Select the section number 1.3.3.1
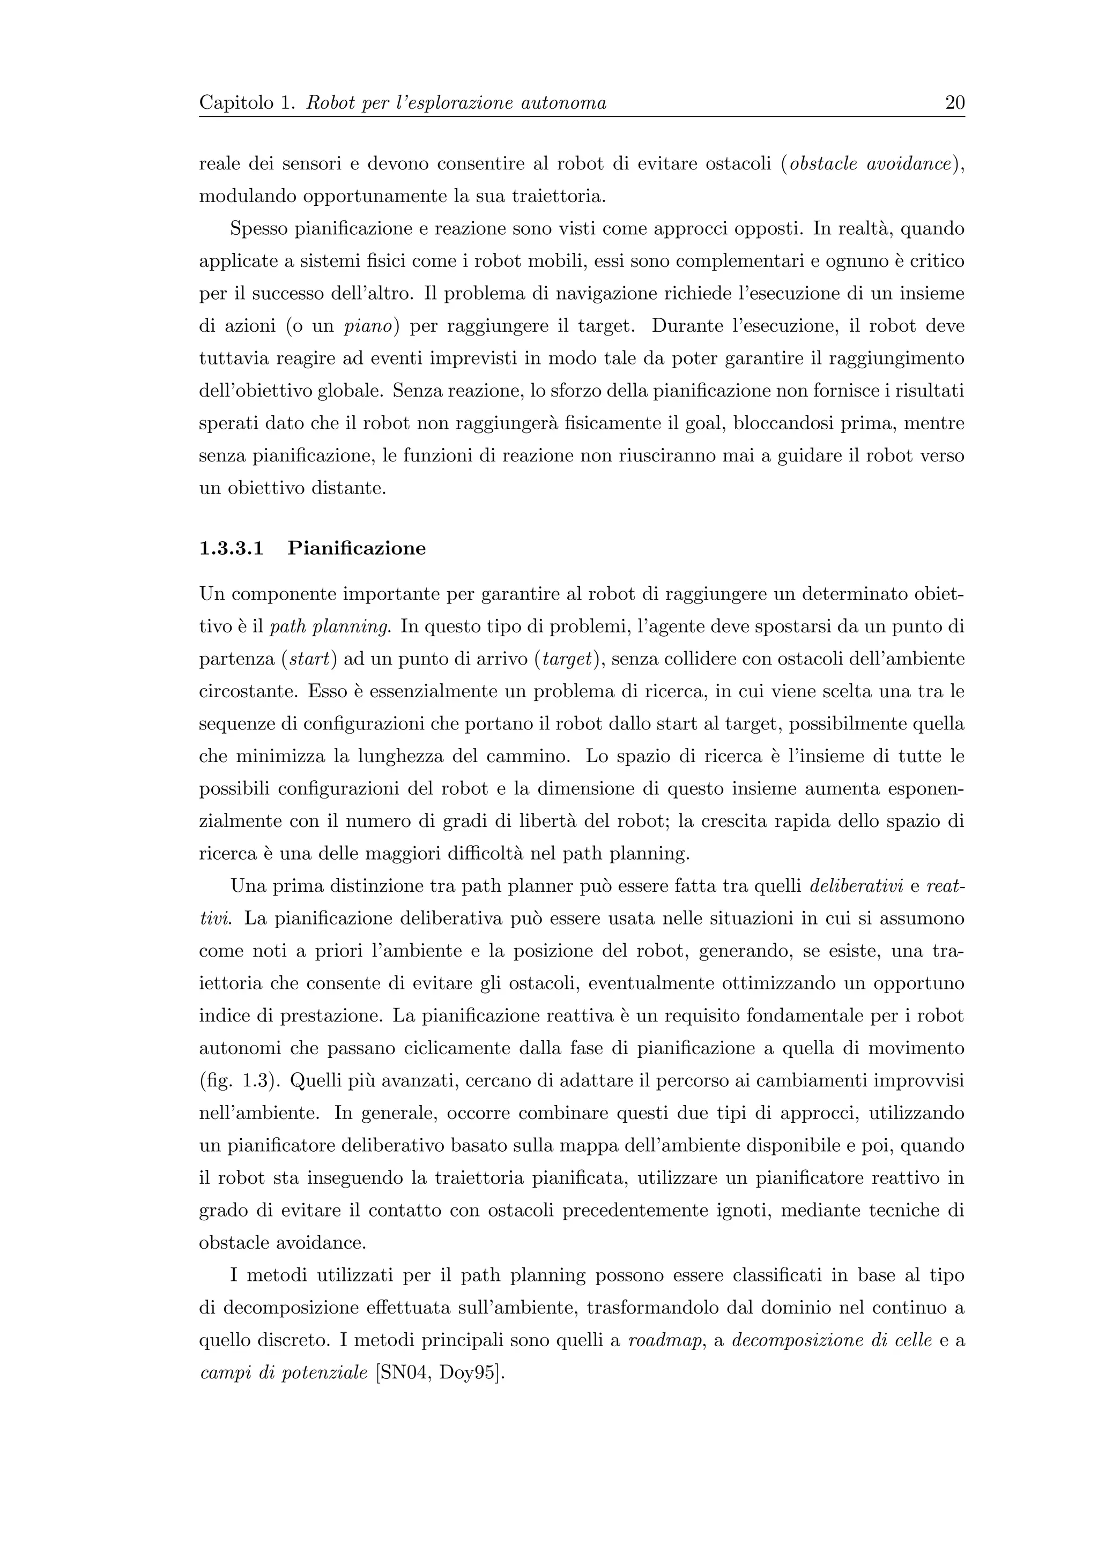click(231, 548)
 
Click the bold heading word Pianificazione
click(357, 548)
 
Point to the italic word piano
click(368, 326)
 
